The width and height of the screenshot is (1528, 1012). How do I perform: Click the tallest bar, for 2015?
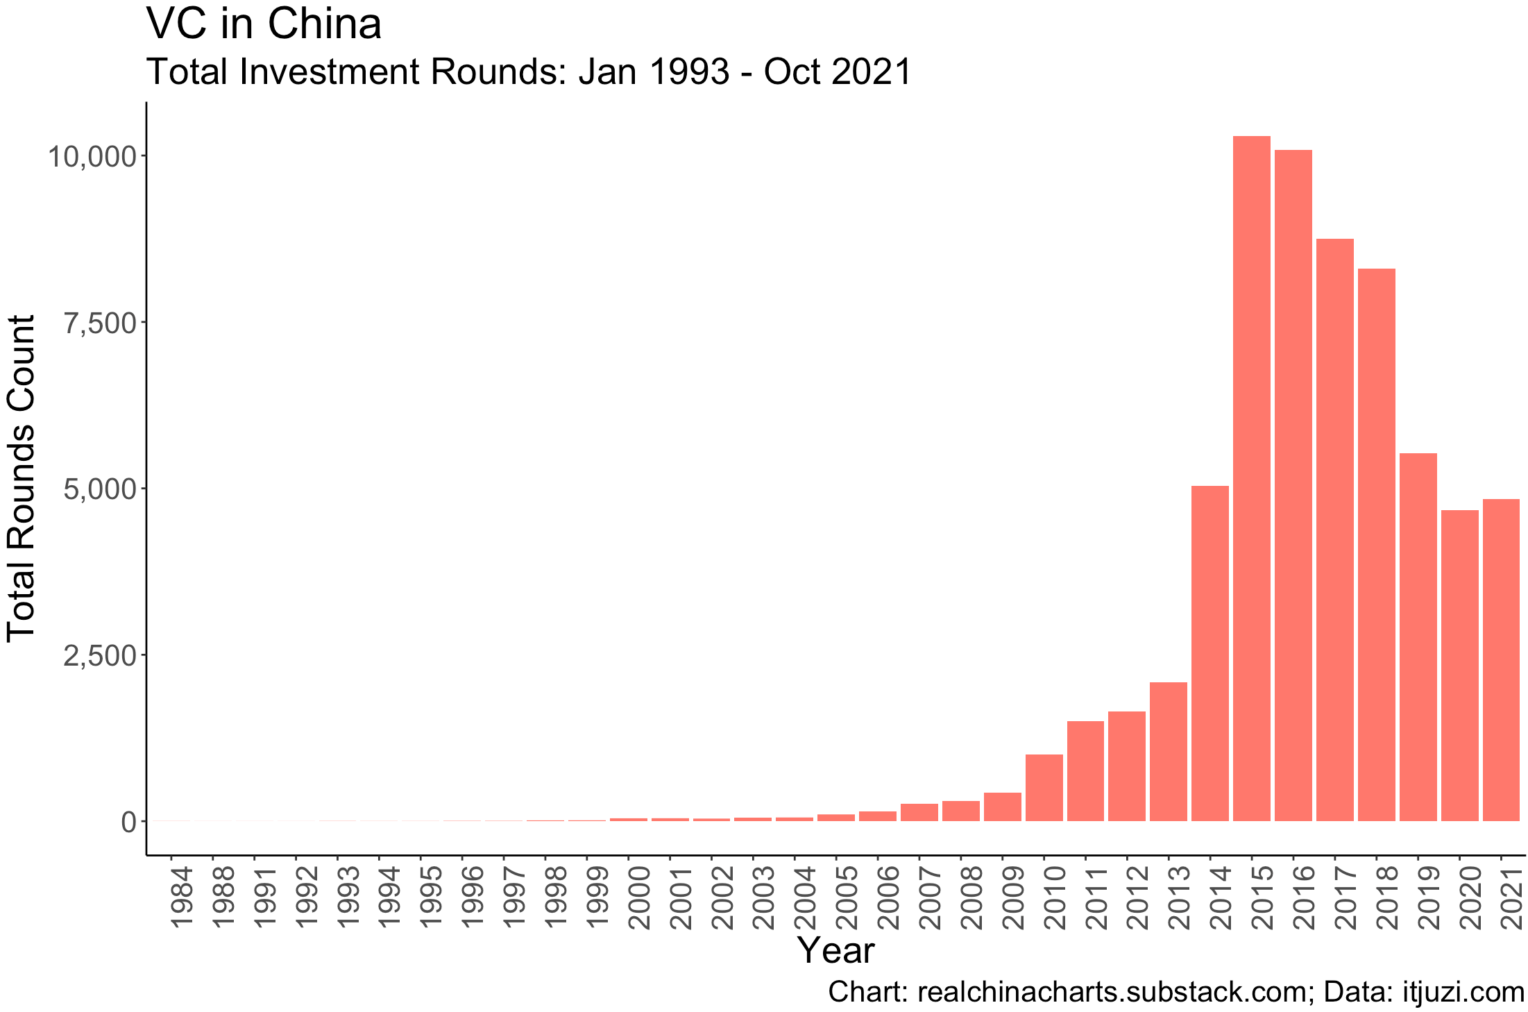[x=1251, y=479]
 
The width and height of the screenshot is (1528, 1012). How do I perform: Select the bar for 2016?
[x=1293, y=486]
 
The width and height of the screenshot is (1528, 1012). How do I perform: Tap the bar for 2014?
[x=1209, y=653]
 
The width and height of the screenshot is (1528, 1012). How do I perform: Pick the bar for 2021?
[x=1501, y=660]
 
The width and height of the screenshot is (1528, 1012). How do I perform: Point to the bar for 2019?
[x=1418, y=637]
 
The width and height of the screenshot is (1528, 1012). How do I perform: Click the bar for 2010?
[x=1044, y=788]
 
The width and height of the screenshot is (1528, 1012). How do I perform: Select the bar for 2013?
[x=1168, y=752]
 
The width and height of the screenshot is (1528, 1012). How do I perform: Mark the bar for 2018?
[x=1376, y=545]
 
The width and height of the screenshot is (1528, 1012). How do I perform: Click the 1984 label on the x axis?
[x=181, y=897]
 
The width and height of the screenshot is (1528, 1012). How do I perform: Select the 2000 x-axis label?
[x=639, y=897]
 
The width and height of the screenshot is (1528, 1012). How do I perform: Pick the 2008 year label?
[x=971, y=897]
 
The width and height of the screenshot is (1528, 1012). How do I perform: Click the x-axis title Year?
[x=835, y=950]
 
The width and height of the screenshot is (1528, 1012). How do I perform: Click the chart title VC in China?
[x=264, y=24]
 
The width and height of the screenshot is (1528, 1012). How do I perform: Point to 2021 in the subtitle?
[x=872, y=72]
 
